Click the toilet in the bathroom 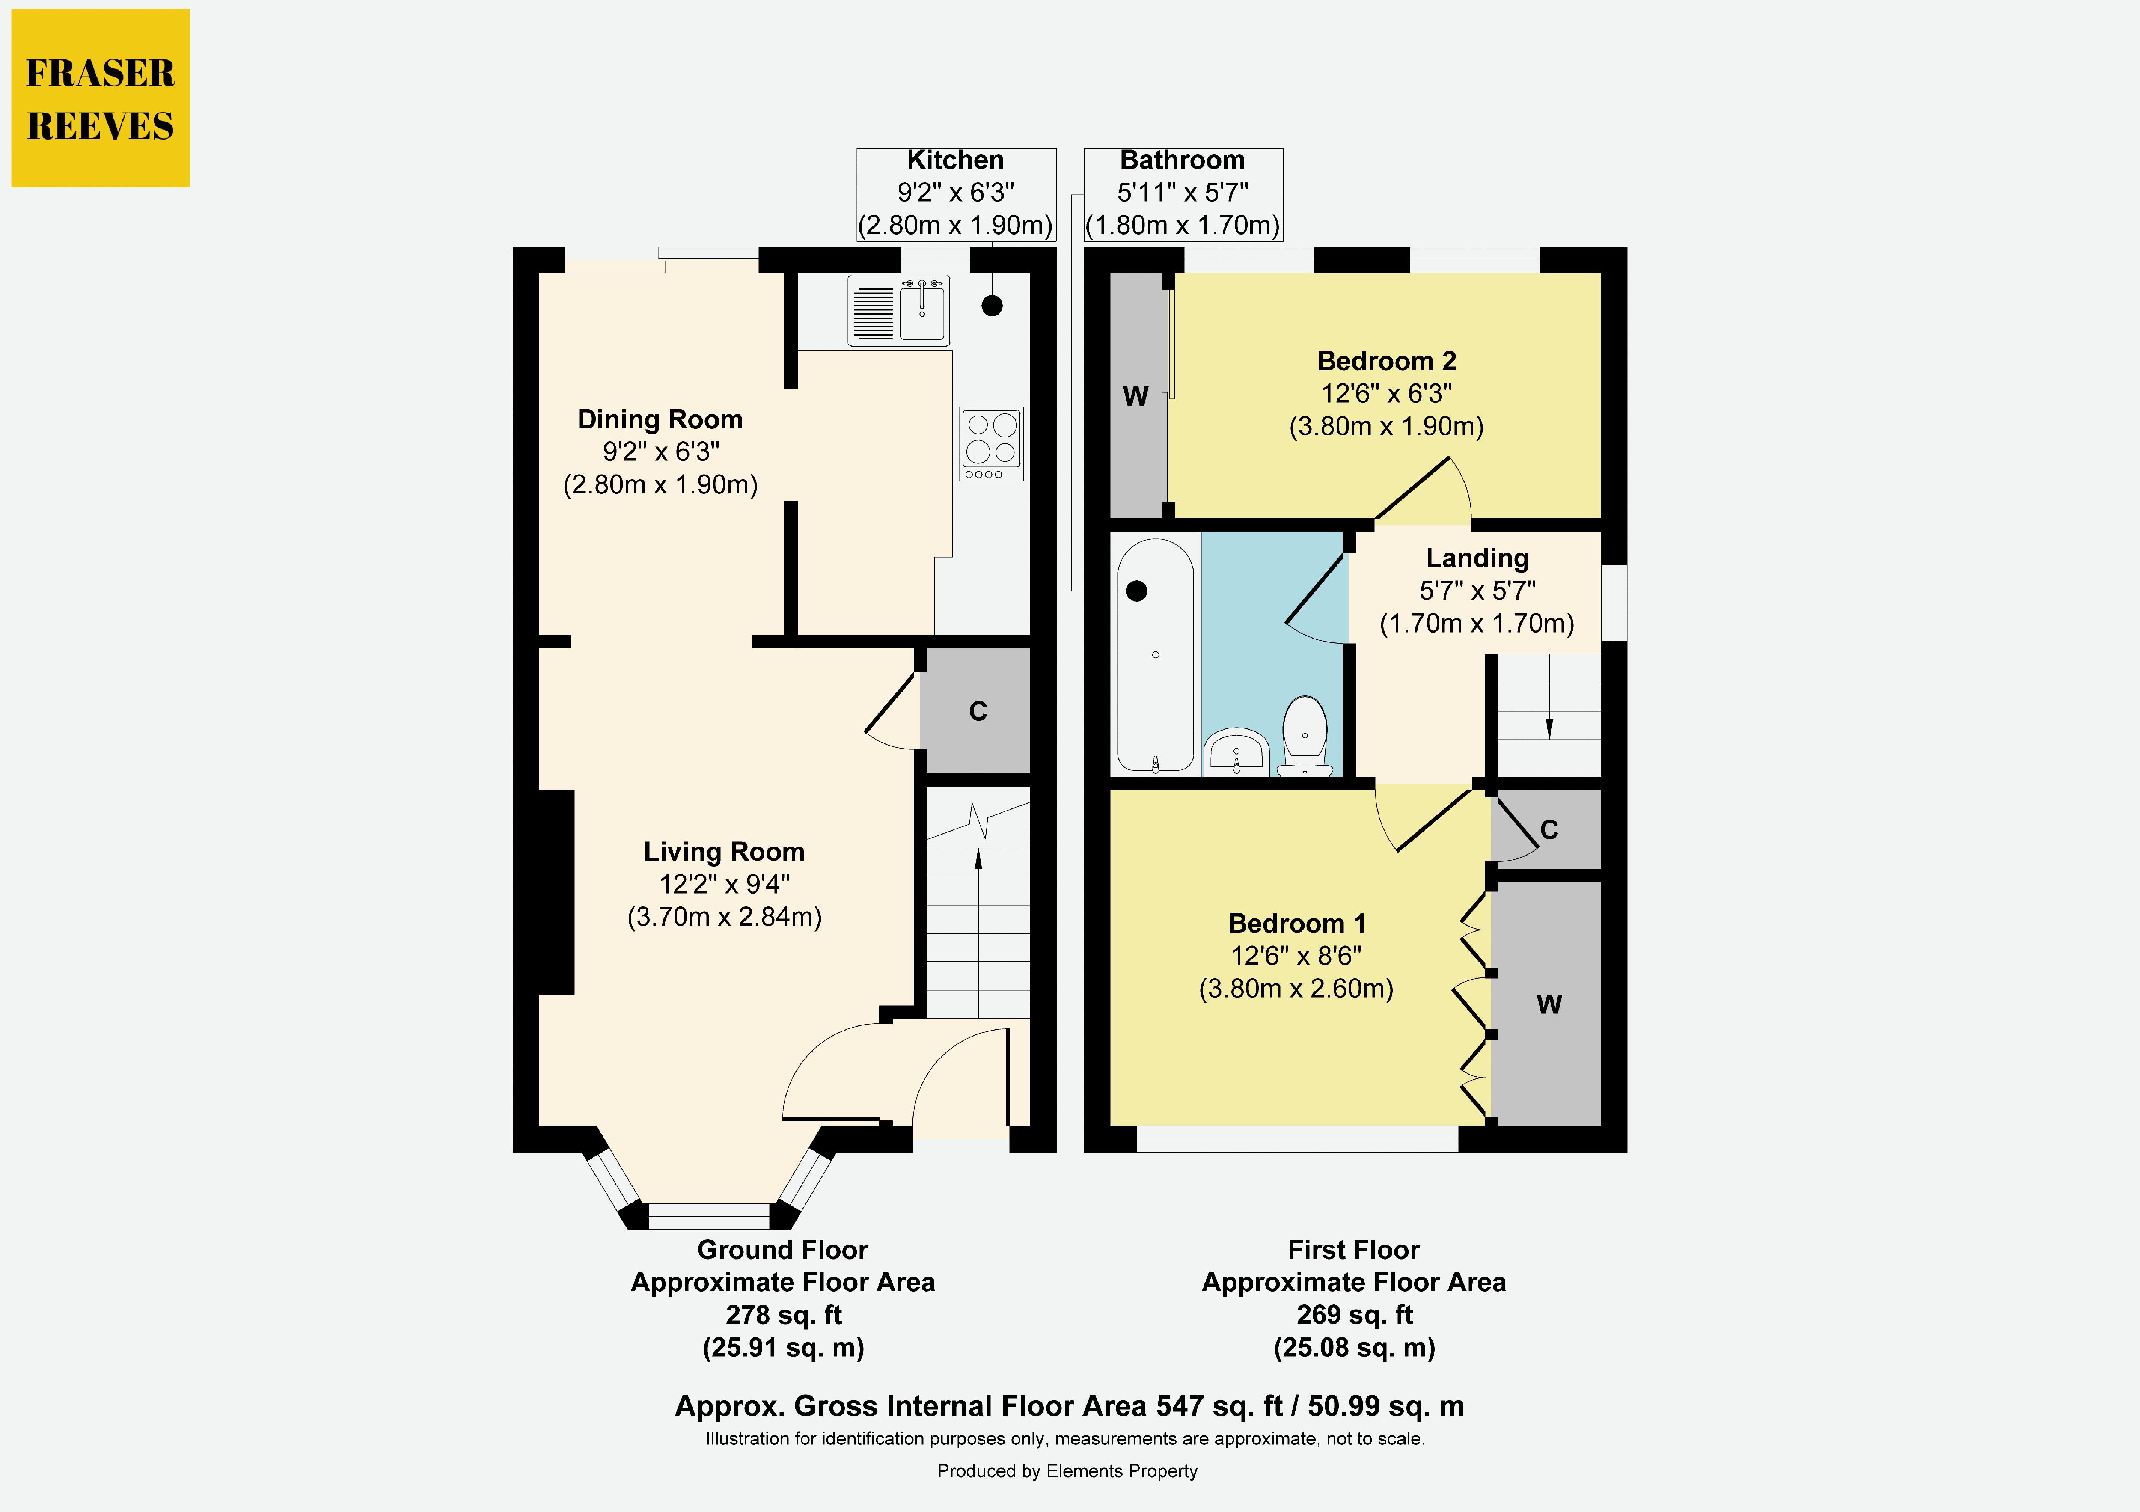point(1305,737)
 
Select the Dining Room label point(660,419)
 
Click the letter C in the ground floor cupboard point(978,711)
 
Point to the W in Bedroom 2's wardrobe point(1135,396)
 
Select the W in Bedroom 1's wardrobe point(1549,1004)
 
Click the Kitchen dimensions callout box point(956,194)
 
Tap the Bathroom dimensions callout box point(1183,194)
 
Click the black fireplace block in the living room point(556,892)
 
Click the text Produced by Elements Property point(1067,1471)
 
